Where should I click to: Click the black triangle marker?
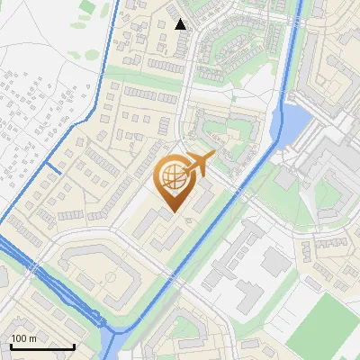pos(181,24)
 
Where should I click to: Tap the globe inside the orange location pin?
pos(173,178)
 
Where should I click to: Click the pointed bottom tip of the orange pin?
pos(173,211)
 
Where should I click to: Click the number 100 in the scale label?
pos(20,338)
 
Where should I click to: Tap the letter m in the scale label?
pos(32,338)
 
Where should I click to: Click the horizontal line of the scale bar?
pos(41,347)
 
